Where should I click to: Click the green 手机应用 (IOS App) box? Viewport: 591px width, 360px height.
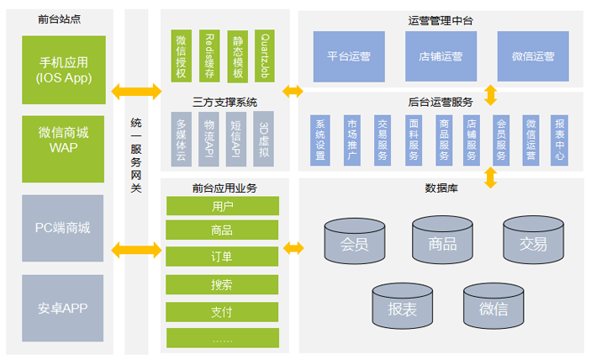coord(63,70)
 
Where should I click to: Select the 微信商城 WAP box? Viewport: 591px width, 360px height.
coord(63,141)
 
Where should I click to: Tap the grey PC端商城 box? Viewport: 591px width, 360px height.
coord(63,228)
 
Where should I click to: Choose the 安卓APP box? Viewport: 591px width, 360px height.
coord(63,307)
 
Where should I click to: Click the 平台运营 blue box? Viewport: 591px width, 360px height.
coord(349,56)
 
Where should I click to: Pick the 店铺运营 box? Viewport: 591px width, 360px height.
coord(441,56)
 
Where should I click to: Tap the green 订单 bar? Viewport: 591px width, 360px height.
coord(222,257)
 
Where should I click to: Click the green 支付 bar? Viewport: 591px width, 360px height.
coord(222,312)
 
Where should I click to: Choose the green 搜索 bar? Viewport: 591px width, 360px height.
coord(222,284)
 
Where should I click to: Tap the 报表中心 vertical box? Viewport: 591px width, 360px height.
coord(559,139)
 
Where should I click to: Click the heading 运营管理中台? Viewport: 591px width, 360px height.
coord(441,19)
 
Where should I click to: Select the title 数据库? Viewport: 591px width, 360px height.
coord(441,187)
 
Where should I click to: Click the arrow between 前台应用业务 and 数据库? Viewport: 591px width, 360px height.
coord(293,248)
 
